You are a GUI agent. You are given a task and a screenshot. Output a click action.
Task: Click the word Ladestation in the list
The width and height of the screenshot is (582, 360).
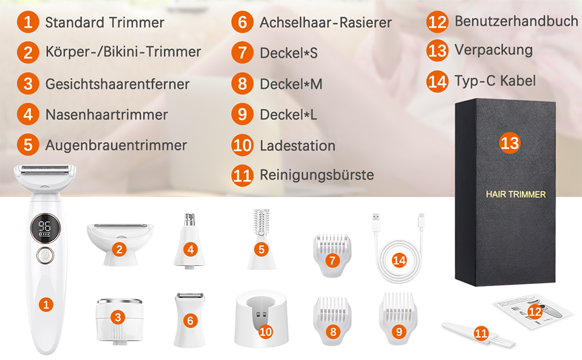[298, 145]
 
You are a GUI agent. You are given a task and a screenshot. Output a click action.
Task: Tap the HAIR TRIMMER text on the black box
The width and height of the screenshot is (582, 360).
[515, 194]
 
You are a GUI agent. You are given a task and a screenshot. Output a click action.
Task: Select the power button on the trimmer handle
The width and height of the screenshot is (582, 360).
[45, 256]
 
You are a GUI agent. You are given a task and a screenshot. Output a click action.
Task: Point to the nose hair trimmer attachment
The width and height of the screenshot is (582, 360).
[189, 240]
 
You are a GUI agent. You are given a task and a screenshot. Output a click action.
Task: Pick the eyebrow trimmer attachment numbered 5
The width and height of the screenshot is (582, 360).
[262, 239]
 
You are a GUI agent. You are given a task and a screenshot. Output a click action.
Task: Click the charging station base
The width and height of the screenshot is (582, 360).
[262, 319]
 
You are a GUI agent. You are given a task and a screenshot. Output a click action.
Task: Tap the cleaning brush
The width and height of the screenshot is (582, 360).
[478, 334]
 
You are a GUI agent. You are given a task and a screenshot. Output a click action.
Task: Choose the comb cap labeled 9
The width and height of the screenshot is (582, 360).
[398, 319]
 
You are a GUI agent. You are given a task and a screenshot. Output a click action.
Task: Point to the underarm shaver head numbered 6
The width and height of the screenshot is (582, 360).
[189, 319]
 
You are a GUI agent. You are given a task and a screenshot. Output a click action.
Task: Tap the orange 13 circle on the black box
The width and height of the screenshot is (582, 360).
[509, 143]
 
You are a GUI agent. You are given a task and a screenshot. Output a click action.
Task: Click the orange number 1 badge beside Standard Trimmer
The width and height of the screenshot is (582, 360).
[28, 22]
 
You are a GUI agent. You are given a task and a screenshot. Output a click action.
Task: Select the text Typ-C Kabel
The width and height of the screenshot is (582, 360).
[495, 80]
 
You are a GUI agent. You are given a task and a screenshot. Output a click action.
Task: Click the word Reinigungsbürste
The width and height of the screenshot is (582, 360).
[317, 175]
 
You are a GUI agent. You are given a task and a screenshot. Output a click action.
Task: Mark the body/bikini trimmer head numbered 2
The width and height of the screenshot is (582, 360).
[119, 244]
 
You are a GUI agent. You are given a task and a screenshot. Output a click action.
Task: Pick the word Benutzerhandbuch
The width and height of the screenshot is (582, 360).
[517, 21]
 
